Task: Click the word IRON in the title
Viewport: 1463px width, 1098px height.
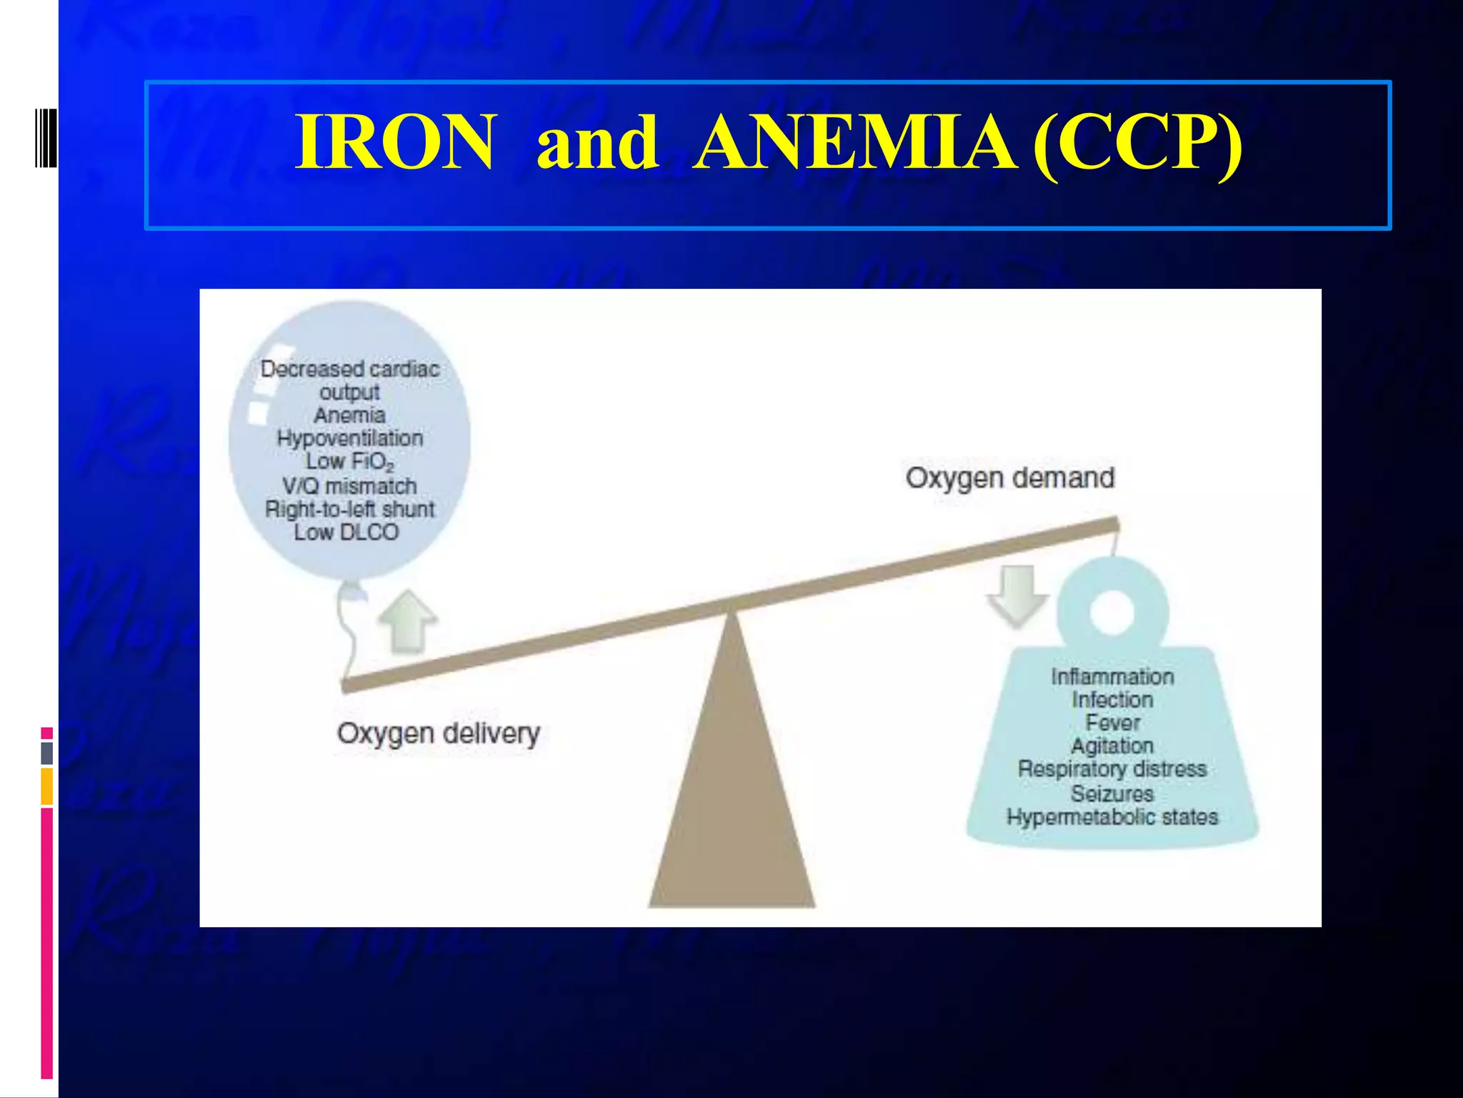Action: [x=394, y=142]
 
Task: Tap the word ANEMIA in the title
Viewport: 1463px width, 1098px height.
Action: [x=855, y=142]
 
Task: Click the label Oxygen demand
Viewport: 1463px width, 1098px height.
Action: [x=1009, y=478]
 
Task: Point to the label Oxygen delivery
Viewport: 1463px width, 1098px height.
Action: [x=438, y=733]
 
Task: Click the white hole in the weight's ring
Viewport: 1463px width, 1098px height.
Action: [x=1112, y=613]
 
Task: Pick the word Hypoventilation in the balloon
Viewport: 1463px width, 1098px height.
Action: [x=349, y=438]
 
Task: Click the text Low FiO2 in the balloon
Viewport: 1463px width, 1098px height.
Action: [x=349, y=462]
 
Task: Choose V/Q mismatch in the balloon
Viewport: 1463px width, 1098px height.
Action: [x=349, y=486]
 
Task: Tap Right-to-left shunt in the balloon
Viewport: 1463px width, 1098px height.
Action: [x=349, y=509]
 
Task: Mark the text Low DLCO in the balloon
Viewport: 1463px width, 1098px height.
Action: [x=346, y=532]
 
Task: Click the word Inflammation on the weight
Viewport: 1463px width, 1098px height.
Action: [x=1112, y=676]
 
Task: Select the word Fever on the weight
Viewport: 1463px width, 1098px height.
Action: [x=1112, y=723]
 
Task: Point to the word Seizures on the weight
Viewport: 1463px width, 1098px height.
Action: [x=1112, y=793]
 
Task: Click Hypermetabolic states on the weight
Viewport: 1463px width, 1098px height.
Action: [x=1112, y=816]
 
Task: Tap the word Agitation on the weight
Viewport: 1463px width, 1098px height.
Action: [x=1112, y=746]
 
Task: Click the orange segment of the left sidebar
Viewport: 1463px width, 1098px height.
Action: [x=46, y=786]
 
